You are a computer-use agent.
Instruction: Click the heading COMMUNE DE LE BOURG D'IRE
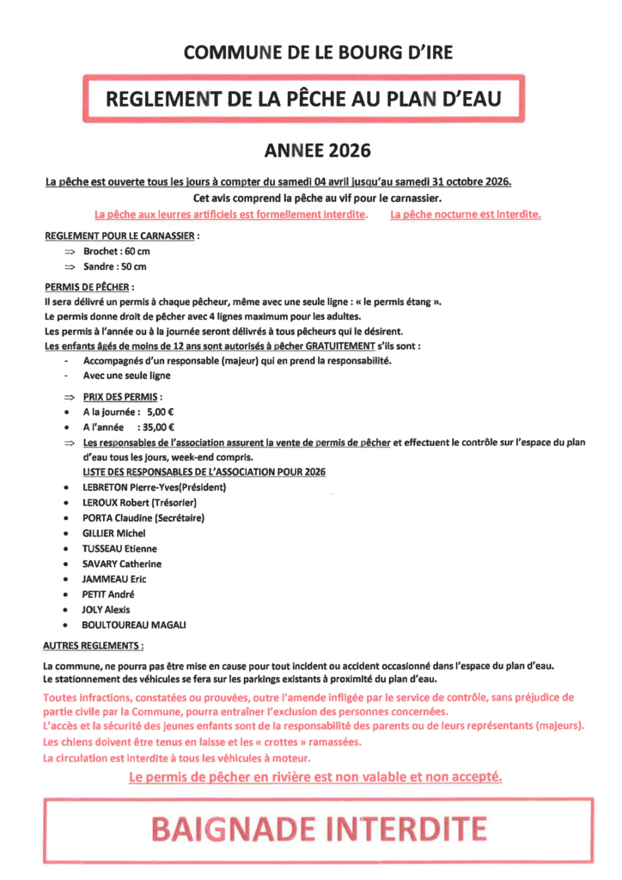[319, 52]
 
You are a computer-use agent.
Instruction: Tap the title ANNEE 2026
[318, 150]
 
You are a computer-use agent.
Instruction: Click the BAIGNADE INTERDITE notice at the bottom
[318, 829]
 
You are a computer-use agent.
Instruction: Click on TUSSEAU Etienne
[119, 548]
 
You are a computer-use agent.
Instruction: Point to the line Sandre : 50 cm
[115, 266]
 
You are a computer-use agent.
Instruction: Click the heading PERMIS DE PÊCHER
[88, 287]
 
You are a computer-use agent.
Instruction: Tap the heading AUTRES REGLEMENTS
[93, 645]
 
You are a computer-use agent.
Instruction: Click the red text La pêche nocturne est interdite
[466, 214]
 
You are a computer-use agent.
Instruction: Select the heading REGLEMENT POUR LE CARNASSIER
[121, 235]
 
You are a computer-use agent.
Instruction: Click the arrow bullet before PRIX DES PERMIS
[70, 397]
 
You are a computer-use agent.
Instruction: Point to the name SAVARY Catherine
[121, 564]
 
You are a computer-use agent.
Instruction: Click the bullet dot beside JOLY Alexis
[67, 609]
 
